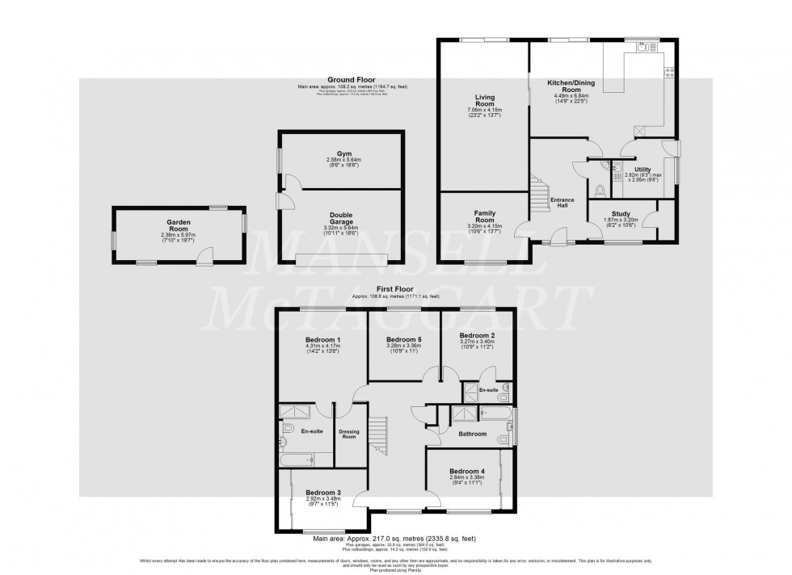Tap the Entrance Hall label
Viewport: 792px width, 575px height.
(561, 202)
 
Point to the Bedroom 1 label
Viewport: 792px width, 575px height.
(322, 339)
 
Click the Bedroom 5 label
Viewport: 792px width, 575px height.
(402, 339)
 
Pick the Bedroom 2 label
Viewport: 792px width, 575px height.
(476, 335)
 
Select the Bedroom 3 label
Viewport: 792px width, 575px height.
(322, 493)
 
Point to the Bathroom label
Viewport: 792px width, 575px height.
(472, 434)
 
